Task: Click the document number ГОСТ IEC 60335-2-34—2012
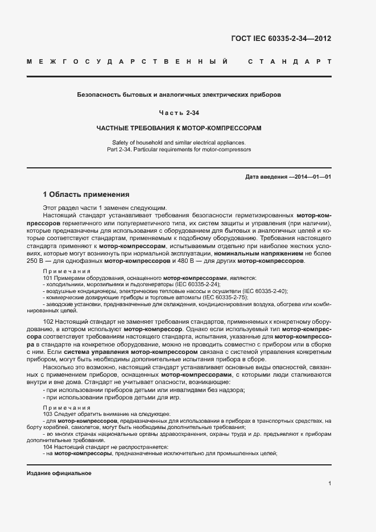tap(281, 39)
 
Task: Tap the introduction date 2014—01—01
tap(312, 177)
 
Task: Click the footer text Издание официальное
tap(59, 473)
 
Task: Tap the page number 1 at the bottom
tap(329, 484)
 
